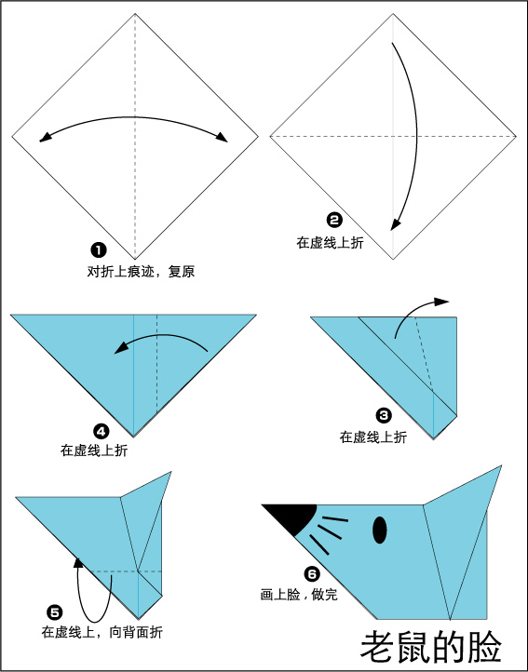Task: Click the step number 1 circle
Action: pos(98,249)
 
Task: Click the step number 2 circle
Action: pos(334,221)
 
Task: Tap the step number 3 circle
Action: pos(384,415)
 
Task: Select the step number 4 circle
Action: pos(102,432)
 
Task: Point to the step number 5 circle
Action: pos(55,612)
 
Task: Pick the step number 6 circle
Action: pos(312,573)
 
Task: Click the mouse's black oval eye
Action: pos(380,531)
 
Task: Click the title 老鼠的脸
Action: pos(431,646)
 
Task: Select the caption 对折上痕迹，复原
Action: pos(142,271)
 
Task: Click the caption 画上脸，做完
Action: pos(299,595)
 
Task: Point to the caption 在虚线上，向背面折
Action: pos(102,632)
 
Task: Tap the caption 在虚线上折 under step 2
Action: pos(330,243)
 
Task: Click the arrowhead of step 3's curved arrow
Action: pos(441,302)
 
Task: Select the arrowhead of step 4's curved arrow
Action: pos(122,347)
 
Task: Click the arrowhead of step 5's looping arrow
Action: pos(78,562)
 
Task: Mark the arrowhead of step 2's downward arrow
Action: pos(395,224)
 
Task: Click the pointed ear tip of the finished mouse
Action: pos(501,466)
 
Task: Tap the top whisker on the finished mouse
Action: pos(335,519)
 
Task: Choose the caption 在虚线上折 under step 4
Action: pos(94,450)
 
